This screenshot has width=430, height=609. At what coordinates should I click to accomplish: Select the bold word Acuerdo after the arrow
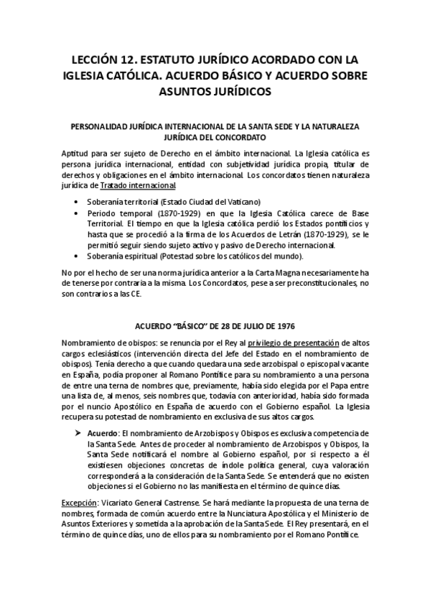[x=104, y=434]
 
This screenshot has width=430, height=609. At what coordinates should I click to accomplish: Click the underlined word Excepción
[x=80, y=503]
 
